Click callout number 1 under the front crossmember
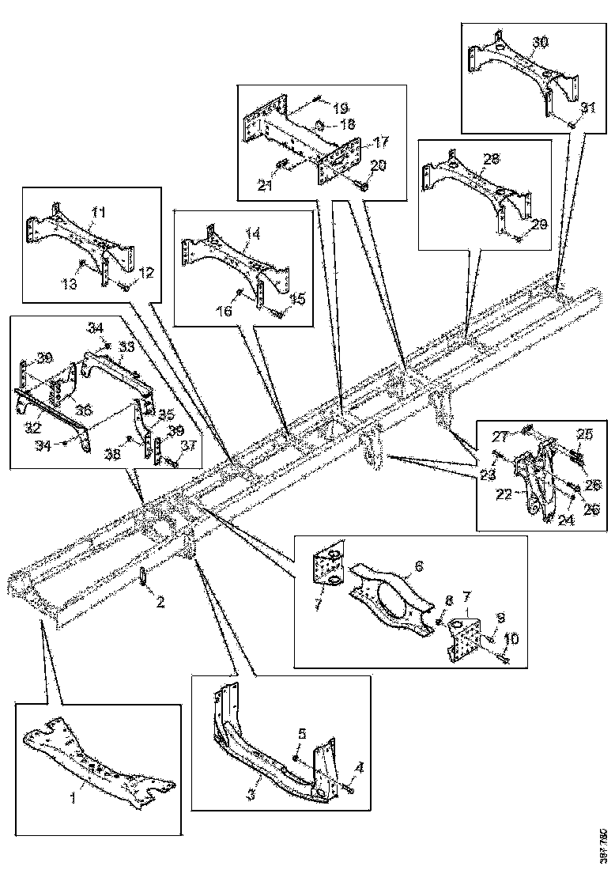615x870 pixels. (74, 798)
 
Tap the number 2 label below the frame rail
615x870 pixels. (160, 603)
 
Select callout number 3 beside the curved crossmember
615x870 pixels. (251, 792)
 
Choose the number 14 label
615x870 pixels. (252, 235)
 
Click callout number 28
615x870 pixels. (491, 159)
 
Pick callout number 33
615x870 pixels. (126, 346)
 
